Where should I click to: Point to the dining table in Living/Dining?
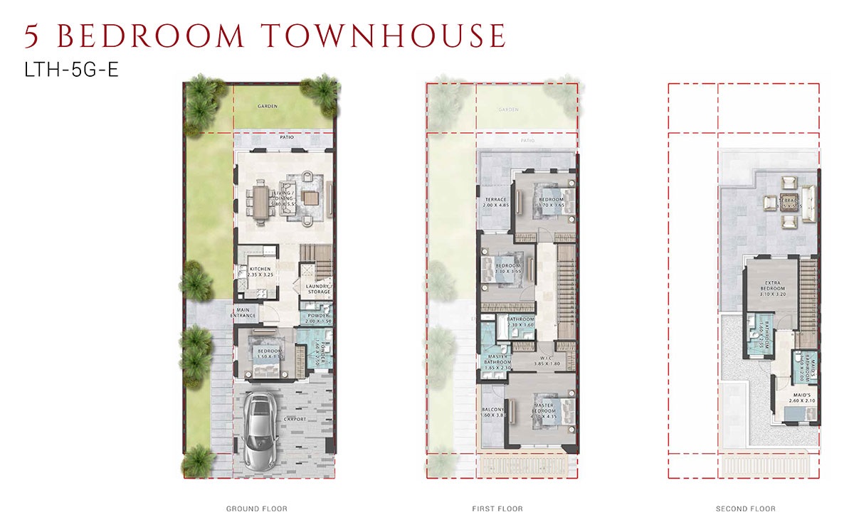tap(260, 199)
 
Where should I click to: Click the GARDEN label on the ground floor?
tap(268, 106)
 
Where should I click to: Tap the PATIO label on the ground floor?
tap(286, 137)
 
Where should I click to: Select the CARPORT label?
tap(295, 420)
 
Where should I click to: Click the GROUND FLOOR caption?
tap(256, 509)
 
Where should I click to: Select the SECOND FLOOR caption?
tap(745, 509)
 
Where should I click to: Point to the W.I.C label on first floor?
tap(546, 359)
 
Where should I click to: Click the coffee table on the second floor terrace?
tap(788, 201)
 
